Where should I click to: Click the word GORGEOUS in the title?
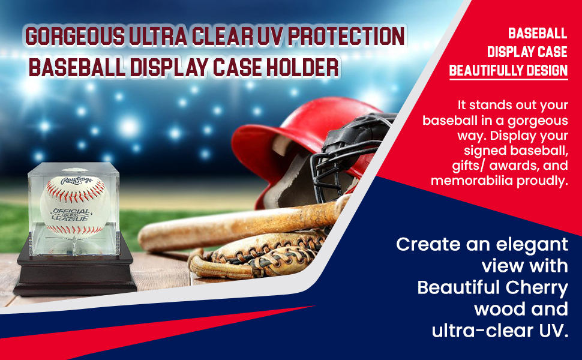coord(75,37)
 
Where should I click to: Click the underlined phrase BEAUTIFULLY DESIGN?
coord(508,71)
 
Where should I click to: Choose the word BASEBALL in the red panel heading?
coord(538,33)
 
